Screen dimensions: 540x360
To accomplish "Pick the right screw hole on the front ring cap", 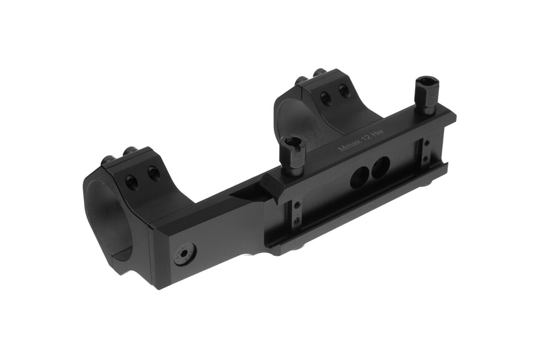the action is point(152,170).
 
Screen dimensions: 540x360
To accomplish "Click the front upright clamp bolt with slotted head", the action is point(292,154).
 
